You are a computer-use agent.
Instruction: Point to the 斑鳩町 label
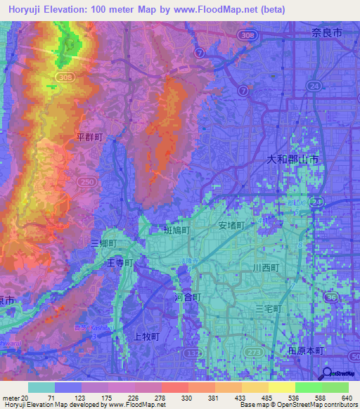tap(176, 229)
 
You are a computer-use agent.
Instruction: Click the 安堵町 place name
tap(231, 226)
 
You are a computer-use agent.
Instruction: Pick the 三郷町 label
tap(103, 242)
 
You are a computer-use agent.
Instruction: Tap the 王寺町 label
tap(119, 262)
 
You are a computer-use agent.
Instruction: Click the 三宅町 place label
tap(268, 309)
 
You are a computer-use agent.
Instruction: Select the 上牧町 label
tap(147, 337)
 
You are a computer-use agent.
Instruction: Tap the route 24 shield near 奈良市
tap(314, 86)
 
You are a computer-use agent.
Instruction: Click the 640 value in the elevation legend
tap(345, 396)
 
